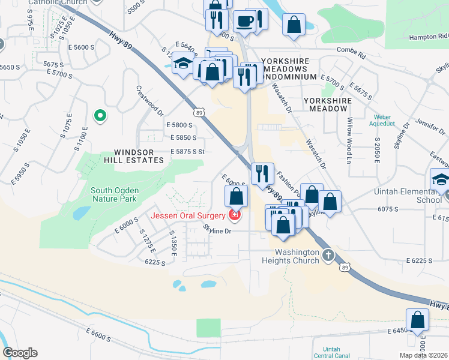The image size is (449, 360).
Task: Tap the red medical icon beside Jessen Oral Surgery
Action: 235,215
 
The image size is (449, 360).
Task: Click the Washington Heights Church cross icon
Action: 328,255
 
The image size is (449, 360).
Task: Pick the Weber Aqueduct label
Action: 382,121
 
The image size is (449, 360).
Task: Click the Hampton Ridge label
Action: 429,37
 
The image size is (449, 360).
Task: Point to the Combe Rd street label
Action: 351,50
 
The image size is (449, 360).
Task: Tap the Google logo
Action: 20,353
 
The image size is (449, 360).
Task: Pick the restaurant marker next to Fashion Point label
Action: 262,173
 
